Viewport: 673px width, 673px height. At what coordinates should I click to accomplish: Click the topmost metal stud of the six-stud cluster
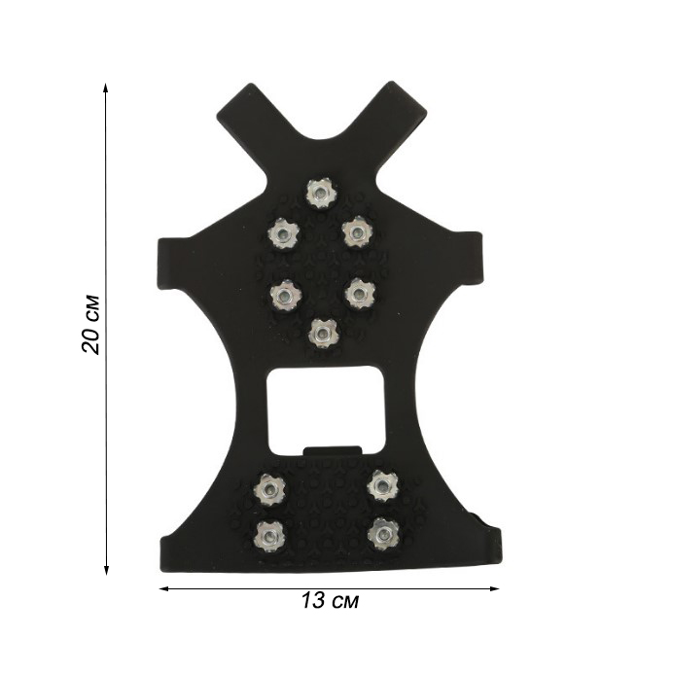pos(322,193)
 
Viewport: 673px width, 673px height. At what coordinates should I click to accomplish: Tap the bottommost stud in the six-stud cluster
pos(323,334)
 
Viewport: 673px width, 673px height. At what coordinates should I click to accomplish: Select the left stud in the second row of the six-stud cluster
pos(283,234)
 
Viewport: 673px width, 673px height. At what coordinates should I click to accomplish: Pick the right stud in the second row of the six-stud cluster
pos(358,232)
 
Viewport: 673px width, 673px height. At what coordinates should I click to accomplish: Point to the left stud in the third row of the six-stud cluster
pos(286,296)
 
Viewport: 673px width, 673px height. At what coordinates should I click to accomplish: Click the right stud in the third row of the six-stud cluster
pos(360,294)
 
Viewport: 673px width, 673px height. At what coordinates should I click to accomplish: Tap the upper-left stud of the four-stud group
pos(270,489)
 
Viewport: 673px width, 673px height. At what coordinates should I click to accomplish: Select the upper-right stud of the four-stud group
pos(383,486)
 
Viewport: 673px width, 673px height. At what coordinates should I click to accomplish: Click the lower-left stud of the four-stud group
pos(270,537)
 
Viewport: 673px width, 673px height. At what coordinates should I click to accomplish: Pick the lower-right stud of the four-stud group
pos(383,534)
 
